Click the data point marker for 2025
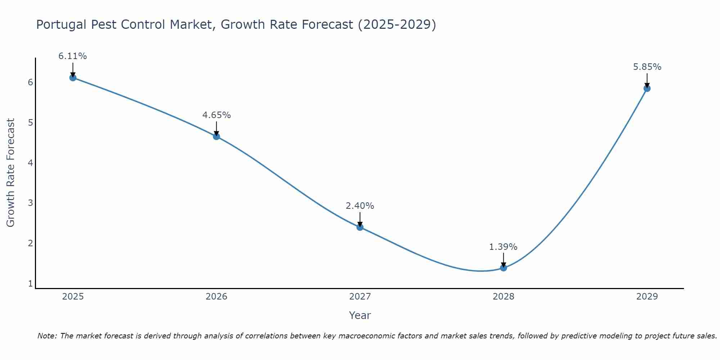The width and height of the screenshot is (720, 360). tap(73, 77)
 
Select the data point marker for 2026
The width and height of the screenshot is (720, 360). tap(216, 136)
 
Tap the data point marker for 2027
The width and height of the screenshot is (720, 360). tap(360, 227)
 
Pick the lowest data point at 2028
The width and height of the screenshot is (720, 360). tap(503, 268)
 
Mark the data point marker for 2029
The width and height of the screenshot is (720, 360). tap(647, 88)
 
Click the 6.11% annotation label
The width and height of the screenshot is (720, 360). tap(73, 56)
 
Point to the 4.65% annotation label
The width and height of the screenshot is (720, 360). tap(216, 115)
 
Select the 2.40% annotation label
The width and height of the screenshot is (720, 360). tap(360, 206)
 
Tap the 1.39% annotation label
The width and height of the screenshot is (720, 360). tap(503, 247)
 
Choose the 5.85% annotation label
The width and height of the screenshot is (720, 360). tap(647, 67)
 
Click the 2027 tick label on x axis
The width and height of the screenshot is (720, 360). tap(360, 297)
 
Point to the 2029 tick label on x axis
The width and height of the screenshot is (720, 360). tap(647, 297)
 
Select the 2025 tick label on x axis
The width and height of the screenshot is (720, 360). tap(73, 297)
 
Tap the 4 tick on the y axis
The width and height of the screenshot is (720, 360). tap(30, 163)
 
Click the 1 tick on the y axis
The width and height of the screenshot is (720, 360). tap(30, 284)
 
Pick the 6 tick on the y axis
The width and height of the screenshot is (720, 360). tap(30, 82)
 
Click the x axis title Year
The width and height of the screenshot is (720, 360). tap(360, 315)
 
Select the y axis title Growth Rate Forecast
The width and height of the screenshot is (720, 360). tap(11, 173)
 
